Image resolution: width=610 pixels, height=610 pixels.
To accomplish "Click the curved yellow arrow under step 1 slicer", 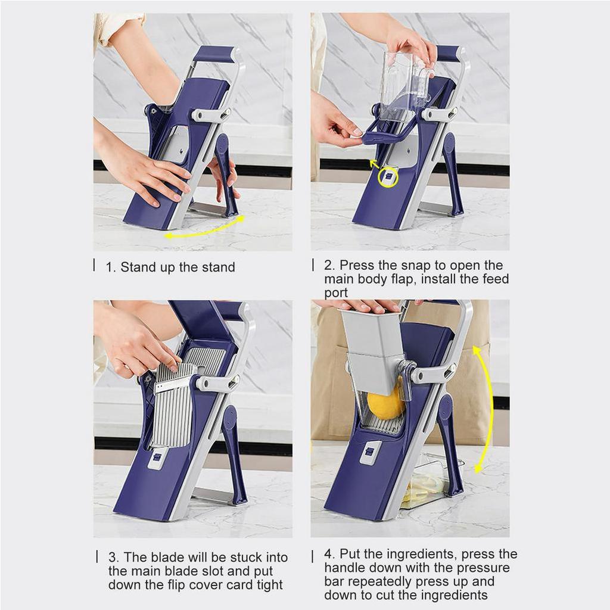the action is pyautogui.click(x=205, y=229).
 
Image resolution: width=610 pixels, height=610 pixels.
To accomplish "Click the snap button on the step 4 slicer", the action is pyautogui.click(x=371, y=453).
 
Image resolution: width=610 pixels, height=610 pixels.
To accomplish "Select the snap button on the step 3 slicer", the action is pyautogui.click(x=157, y=458).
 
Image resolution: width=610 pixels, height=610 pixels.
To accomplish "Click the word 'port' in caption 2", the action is pyautogui.click(x=336, y=293).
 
